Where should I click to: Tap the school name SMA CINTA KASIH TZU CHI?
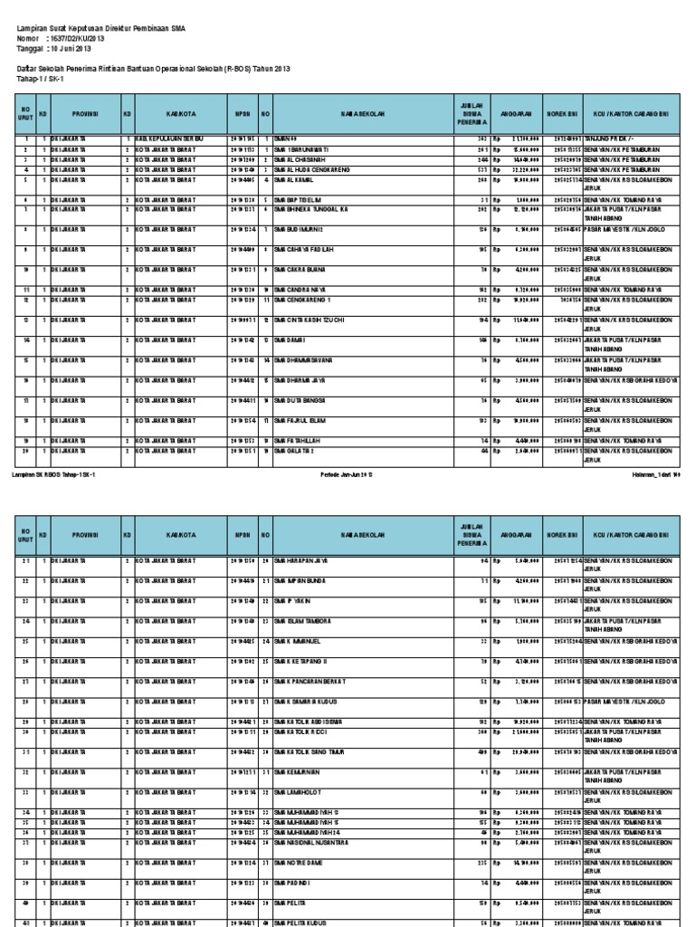311,320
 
